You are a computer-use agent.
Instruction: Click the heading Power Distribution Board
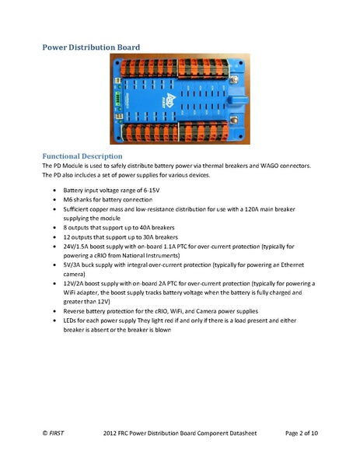click(x=90, y=47)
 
